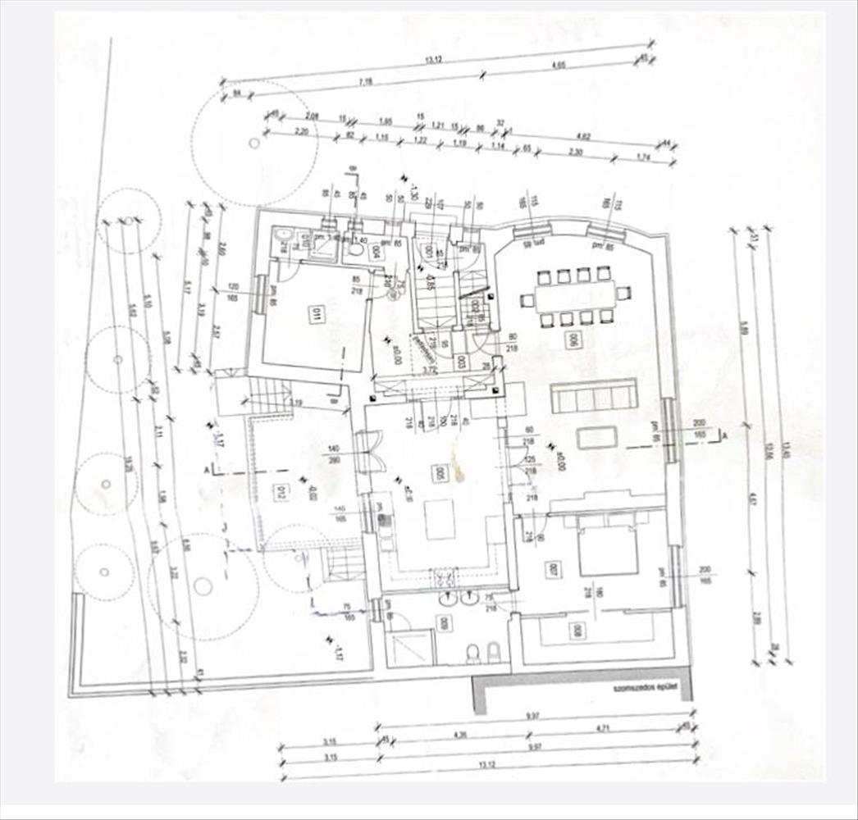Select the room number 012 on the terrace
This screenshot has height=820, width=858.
click(x=283, y=492)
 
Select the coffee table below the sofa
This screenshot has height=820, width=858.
click(x=596, y=437)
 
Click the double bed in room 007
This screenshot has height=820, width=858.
click(x=608, y=547)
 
